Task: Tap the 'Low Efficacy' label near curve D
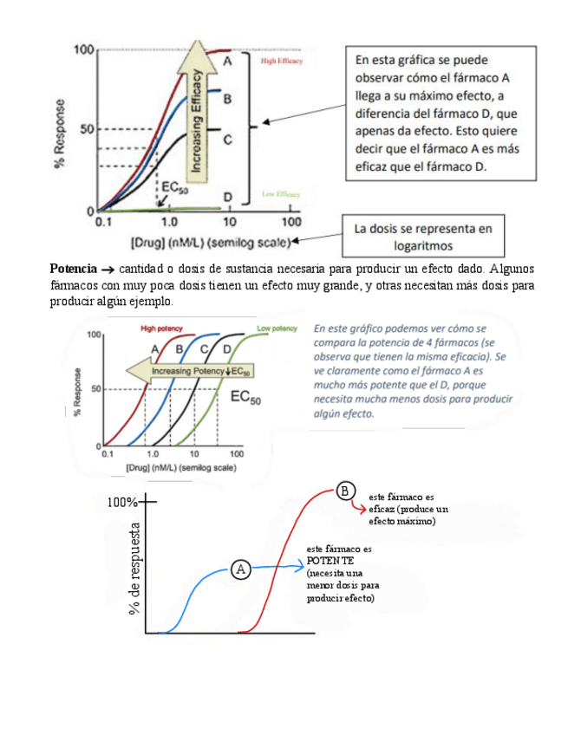pyautogui.click(x=280, y=194)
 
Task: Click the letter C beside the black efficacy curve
pyautogui.click(x=226, y=139)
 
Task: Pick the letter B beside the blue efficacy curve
pyautogui.click(x=226, y=99)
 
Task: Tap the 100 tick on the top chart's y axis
pyautogui.click(x=83, y=49)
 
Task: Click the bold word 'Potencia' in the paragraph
pyautogui.click(x=74, y=268)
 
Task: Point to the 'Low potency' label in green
pyautogui.click(x=277, y=328)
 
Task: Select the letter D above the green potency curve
pyautogui.click(x=227, y=349)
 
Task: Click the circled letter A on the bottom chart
pyautogui.click(x=242, y=569)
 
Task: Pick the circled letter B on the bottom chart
pyautogui.click(x=345, y=491)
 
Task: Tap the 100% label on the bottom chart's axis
pyautogui.click(x=122, y=503)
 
